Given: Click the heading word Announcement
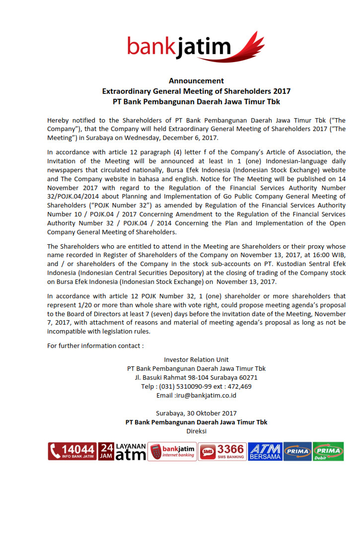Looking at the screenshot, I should point(196,80).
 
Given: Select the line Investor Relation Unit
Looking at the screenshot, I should point(196,359).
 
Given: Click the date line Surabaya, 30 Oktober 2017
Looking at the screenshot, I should point(196,413).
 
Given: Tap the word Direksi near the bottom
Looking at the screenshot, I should point(196,431).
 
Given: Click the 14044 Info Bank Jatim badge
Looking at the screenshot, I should point(72,451).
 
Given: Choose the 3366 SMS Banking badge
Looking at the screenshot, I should point(222,451).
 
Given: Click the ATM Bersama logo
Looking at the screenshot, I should point(265,451).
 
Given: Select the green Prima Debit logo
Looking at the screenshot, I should point(328,451).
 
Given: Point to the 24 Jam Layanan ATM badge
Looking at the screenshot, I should point(122,451).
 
